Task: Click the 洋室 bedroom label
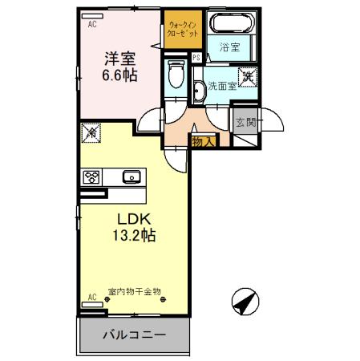[x=118, y=59]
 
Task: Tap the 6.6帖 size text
[x=118, y=77]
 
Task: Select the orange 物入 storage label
[x=204, y=142]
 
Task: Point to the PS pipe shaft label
[x=196, y=58]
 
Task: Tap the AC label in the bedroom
[x=91, y=25]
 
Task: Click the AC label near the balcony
[x=91, y=297]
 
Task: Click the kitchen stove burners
[x=91, y=176]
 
